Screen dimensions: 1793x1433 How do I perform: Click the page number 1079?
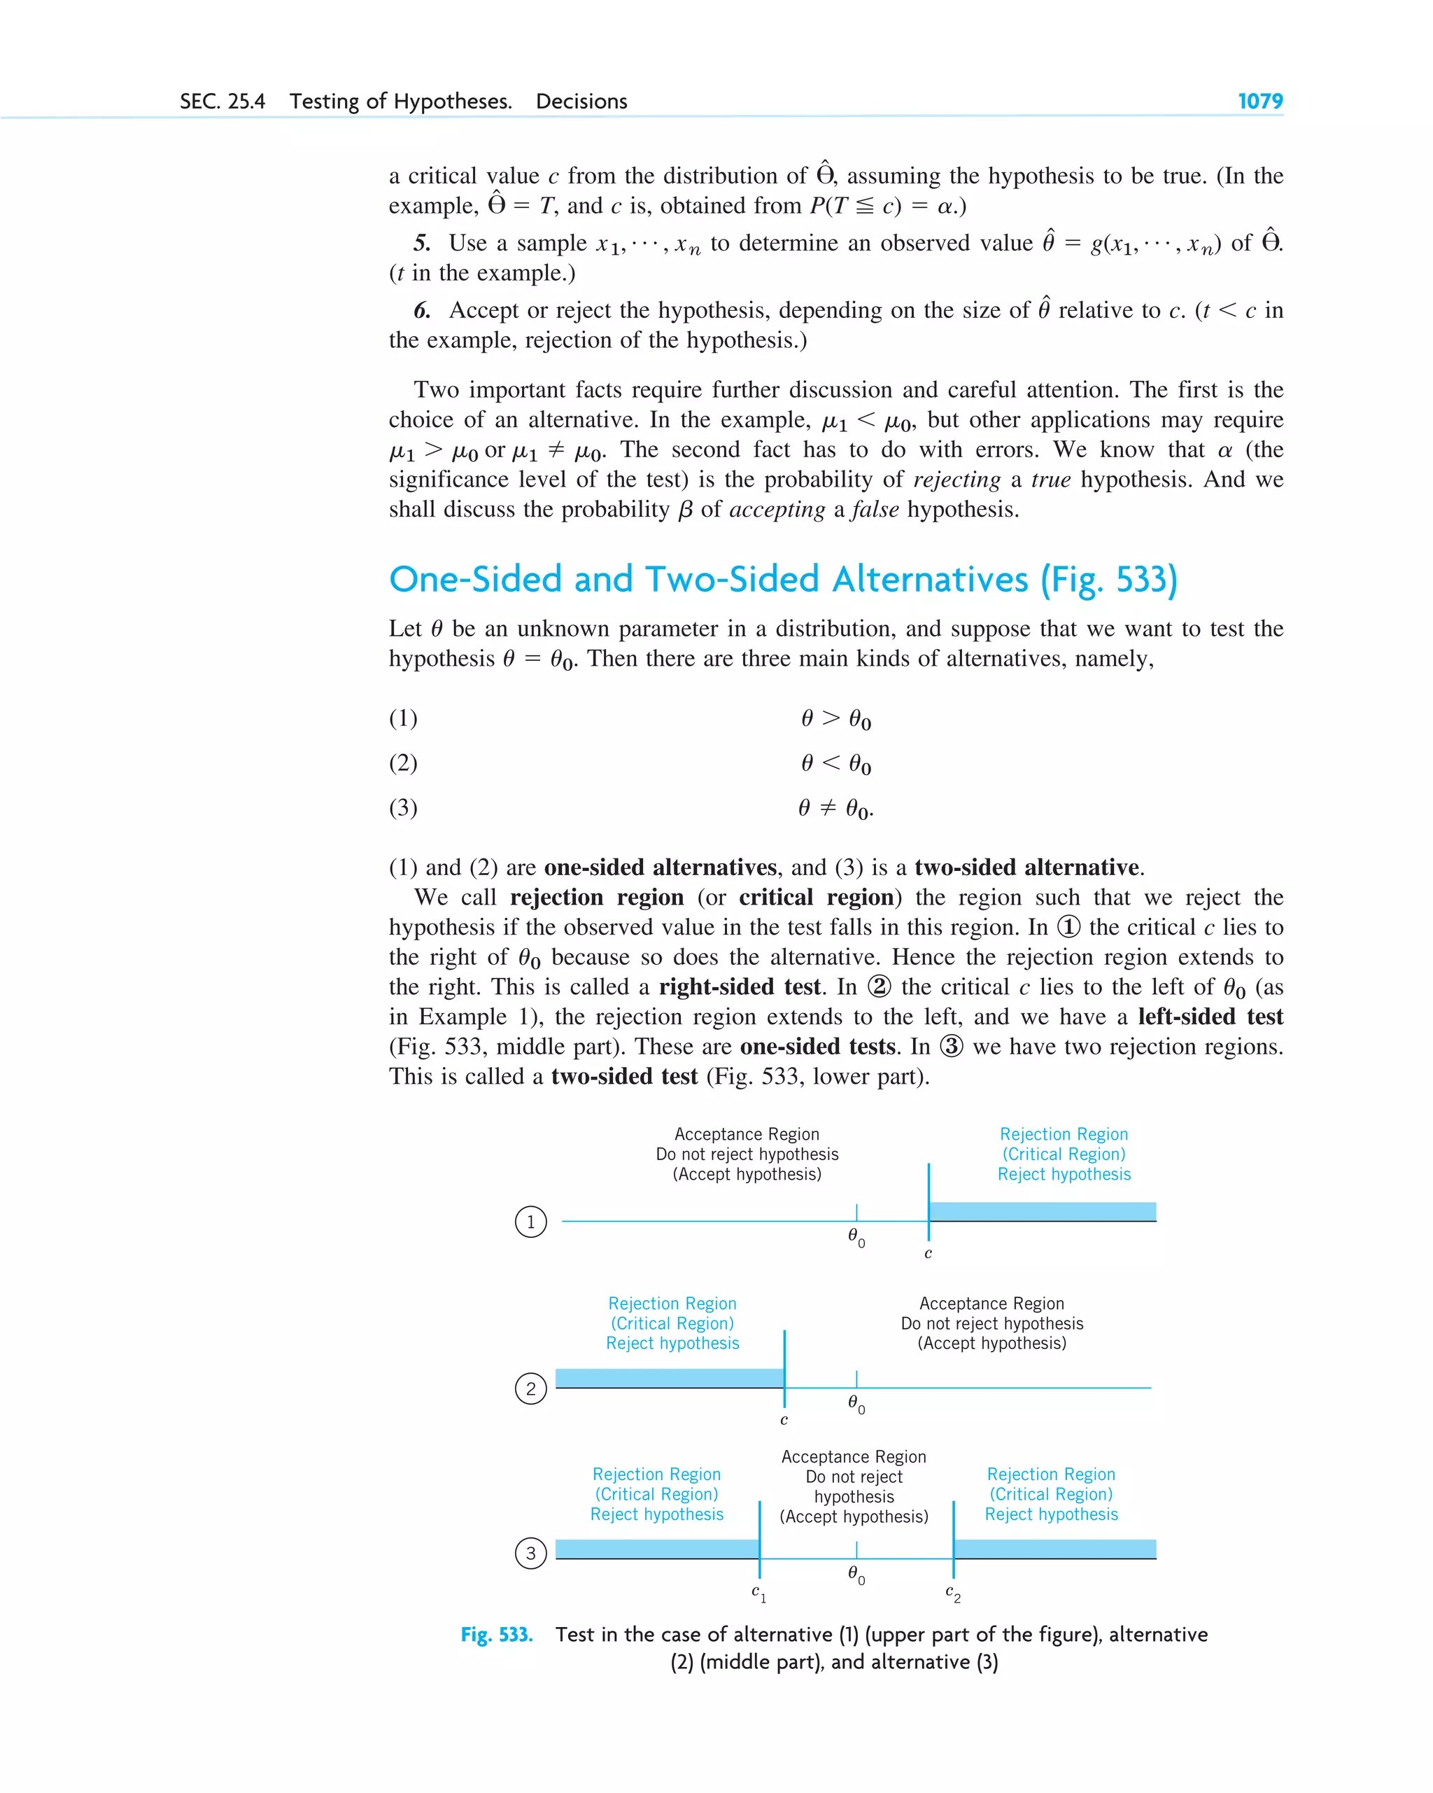pos(1259,102)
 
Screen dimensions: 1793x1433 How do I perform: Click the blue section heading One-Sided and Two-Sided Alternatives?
pos(782,580)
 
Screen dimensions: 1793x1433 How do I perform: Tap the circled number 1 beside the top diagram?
pos(530,1222)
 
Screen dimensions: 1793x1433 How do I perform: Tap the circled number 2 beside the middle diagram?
pos(530,1388)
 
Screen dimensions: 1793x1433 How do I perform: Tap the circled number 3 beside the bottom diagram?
pos(530,1553)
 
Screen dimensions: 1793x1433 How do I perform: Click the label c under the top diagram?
pos(928,1253)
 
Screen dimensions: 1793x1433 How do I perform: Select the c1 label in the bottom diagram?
pos(758,1592)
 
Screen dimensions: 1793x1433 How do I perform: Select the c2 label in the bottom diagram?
pos(952,1592)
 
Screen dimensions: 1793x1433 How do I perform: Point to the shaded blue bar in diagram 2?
pos(669,1378)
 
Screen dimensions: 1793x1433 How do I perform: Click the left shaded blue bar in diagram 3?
pos(656,1549)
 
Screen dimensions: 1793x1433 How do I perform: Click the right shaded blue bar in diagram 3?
pos(1054,1549)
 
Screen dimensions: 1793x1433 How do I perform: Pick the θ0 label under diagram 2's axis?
pos(856,1404)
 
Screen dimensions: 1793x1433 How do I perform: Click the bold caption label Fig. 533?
pos(496,1635)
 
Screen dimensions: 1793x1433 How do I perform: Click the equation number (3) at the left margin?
pos(403,807)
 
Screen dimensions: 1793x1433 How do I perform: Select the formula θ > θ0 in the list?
pos(835,718)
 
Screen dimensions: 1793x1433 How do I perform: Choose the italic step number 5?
pos(422,243)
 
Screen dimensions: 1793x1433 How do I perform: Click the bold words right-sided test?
pos(740,987)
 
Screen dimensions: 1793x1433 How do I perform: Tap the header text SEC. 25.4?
pos(222,102)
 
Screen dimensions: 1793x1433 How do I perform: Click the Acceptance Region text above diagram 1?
pos(747,1134)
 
